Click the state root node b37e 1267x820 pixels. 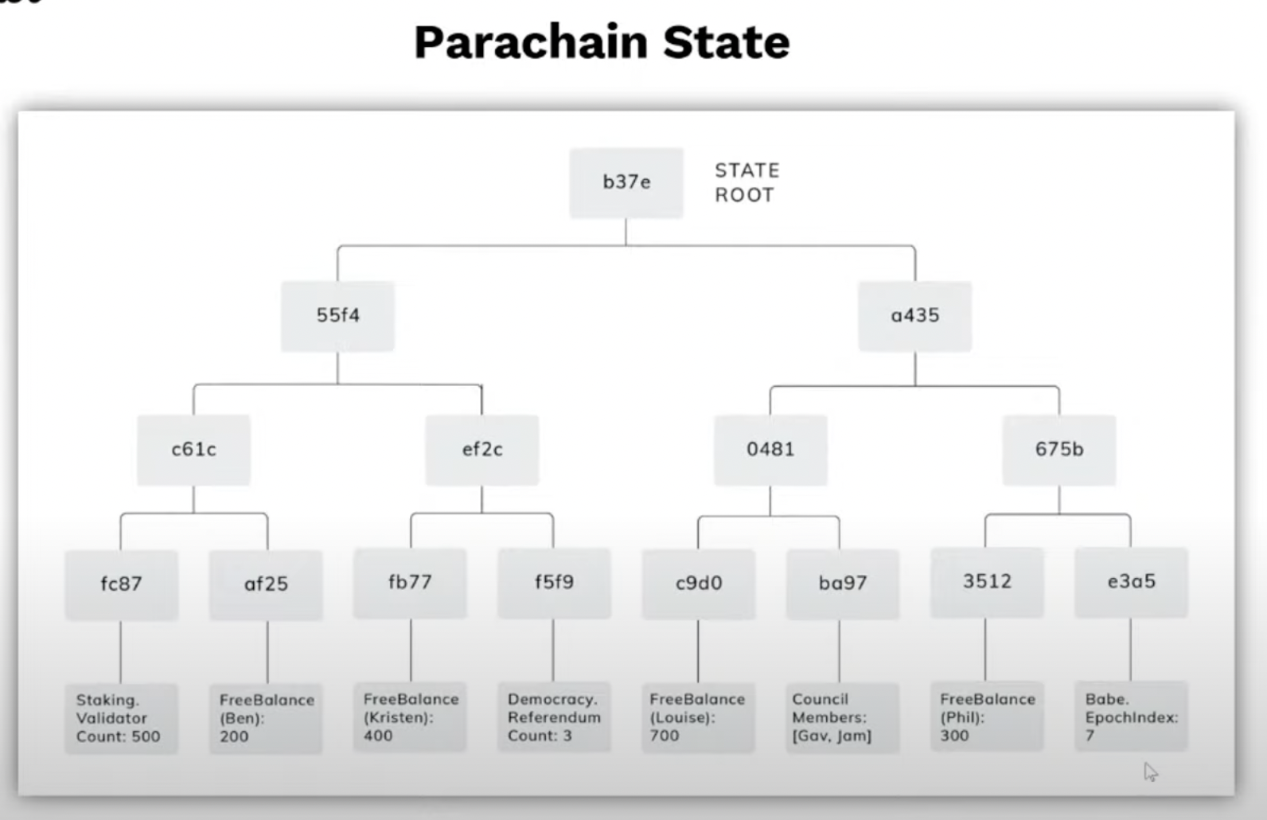pos(626,182)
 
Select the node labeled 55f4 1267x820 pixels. pos(337,315)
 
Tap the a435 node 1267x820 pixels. pos(914,315)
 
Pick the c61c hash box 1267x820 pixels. pos(193,449)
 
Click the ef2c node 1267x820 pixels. pos(482,449)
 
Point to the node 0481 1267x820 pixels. pos(770,449)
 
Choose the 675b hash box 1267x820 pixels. pos(1058,449)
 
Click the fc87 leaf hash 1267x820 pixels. pos(121,584)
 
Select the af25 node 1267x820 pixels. pos(266,584)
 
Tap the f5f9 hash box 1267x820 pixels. pos(554,582)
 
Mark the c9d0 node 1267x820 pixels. pos(698,583)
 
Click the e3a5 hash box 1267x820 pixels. pos(1131,581)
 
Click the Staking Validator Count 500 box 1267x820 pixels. pos(121,718)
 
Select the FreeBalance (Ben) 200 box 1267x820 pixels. pos(266,718)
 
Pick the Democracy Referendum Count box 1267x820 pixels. pos(554,717)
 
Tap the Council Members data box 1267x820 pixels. pos(842,717)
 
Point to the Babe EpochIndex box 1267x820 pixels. pos(1131,717)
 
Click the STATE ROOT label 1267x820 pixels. pos(747,182)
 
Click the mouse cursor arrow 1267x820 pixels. pos(1150,771)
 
